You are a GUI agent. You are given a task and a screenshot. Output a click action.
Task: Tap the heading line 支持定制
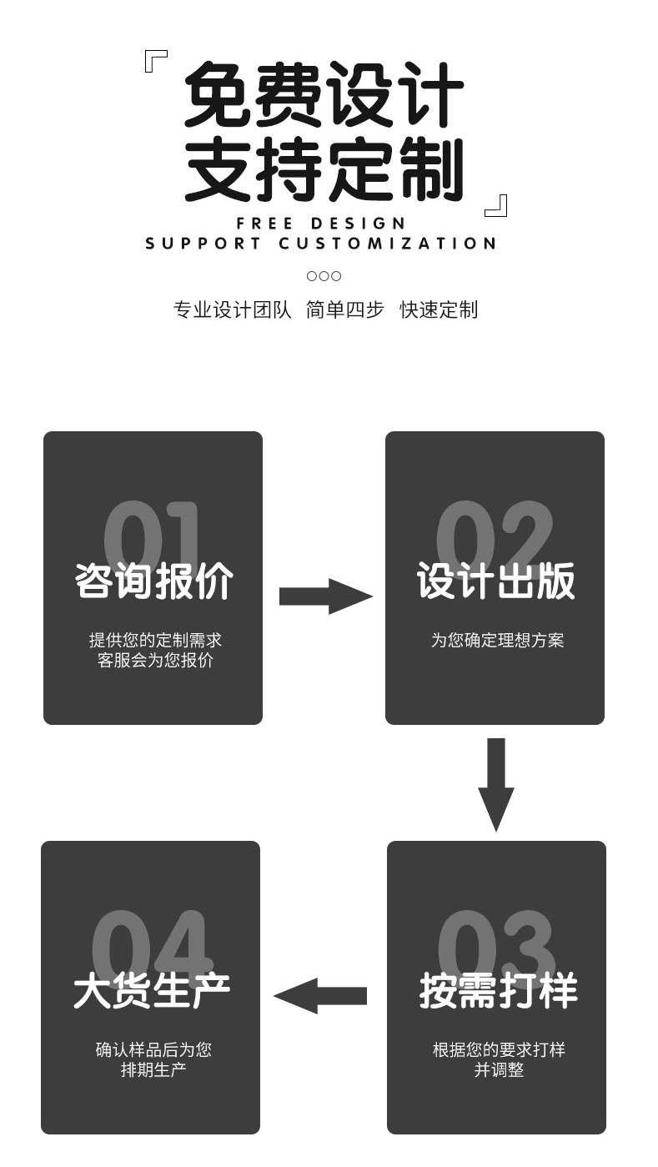point(324,169)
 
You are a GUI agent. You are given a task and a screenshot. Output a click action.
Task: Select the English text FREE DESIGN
point(321,224)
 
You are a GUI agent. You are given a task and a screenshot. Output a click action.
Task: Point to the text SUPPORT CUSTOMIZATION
point(321,244)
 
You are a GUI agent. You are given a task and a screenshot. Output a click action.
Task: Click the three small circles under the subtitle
point(324,276)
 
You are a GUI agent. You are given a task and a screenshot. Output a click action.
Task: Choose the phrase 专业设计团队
point(232,310)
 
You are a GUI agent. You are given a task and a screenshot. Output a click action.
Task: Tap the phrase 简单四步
point(344,310)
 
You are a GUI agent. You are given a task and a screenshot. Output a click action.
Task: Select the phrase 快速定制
point(439,310)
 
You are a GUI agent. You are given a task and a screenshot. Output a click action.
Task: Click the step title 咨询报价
point(153,581)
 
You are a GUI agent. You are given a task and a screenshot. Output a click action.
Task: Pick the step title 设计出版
point(495,581)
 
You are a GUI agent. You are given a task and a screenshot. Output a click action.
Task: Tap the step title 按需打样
point(498,991)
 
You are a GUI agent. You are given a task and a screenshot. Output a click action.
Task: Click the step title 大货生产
point(152,991)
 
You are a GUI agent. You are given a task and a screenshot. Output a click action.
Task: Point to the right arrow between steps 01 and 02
point(324,596)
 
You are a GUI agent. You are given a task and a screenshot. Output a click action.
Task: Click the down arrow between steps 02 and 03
point(496,784)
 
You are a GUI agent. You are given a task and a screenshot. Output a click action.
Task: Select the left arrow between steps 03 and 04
point(320,995)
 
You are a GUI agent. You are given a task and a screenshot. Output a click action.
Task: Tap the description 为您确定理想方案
point(497,641)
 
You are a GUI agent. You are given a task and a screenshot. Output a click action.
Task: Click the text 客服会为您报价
point(155,661)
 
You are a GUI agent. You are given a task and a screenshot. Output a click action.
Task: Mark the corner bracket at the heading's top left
point(156,61)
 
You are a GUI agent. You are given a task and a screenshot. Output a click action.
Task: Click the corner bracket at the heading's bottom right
point(496,205)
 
